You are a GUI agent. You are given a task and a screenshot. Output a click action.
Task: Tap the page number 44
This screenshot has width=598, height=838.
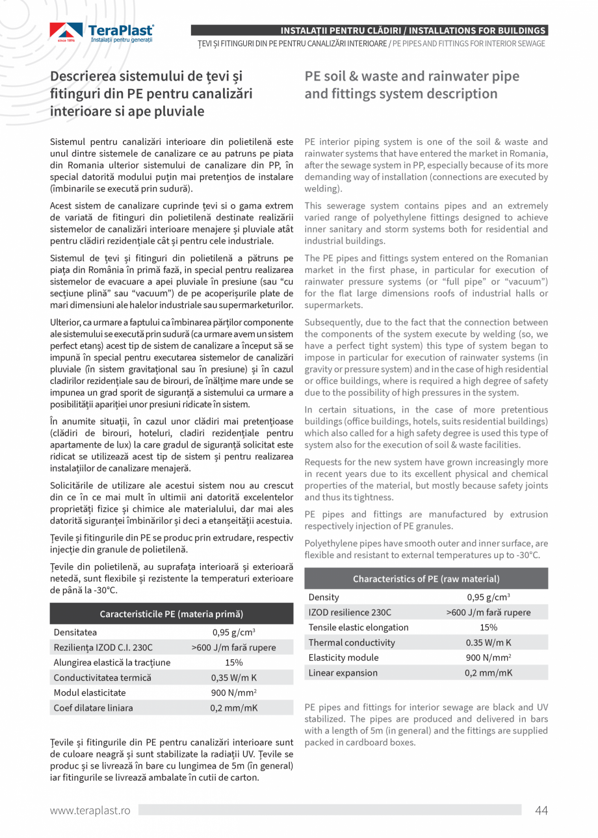point(541,809)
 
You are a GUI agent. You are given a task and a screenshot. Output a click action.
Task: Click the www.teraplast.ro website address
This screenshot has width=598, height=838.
point(91,810)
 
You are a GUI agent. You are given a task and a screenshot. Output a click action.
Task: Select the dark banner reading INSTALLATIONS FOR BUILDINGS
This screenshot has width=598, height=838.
point(413,31)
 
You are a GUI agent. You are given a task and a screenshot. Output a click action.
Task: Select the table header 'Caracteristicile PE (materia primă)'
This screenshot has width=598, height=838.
point(172,613)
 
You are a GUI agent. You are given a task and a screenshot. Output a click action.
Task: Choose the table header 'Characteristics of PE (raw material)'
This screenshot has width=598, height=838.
point(426,579)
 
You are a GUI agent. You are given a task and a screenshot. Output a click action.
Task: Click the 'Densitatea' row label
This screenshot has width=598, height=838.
point(75,632)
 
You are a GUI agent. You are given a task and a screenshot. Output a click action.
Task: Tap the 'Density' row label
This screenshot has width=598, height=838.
point(324,597)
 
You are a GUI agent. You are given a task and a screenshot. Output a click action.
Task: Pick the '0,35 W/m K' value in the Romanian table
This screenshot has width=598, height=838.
point(234,678)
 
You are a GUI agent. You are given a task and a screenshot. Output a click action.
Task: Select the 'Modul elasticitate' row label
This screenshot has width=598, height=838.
point(90,692)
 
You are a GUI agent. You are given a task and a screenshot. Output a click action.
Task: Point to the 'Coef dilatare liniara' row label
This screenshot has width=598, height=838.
point(94,707)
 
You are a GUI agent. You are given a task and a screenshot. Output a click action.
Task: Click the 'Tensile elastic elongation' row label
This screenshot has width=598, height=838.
point(359,627)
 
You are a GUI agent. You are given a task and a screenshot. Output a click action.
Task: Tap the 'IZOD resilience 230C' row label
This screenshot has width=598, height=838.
point(350,612)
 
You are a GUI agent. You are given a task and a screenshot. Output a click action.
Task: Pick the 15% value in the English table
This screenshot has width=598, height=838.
point(488,627)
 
